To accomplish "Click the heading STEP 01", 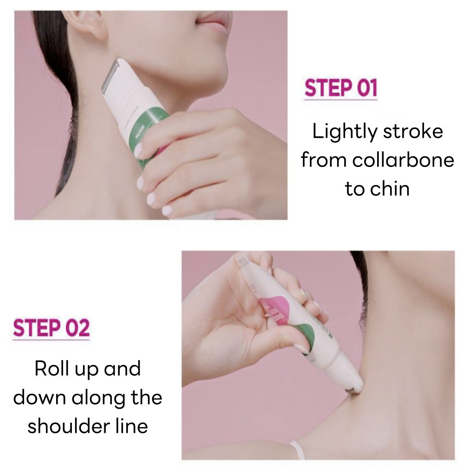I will click(340, 89).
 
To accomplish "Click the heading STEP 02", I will click(51, 328).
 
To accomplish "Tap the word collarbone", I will click(403, 160).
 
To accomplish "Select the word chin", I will click(392, 189).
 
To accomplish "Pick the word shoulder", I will click(63, 426).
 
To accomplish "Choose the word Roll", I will click(51, 369).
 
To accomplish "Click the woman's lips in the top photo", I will click(215, 20).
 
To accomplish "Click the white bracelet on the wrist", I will click(297, 450).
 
